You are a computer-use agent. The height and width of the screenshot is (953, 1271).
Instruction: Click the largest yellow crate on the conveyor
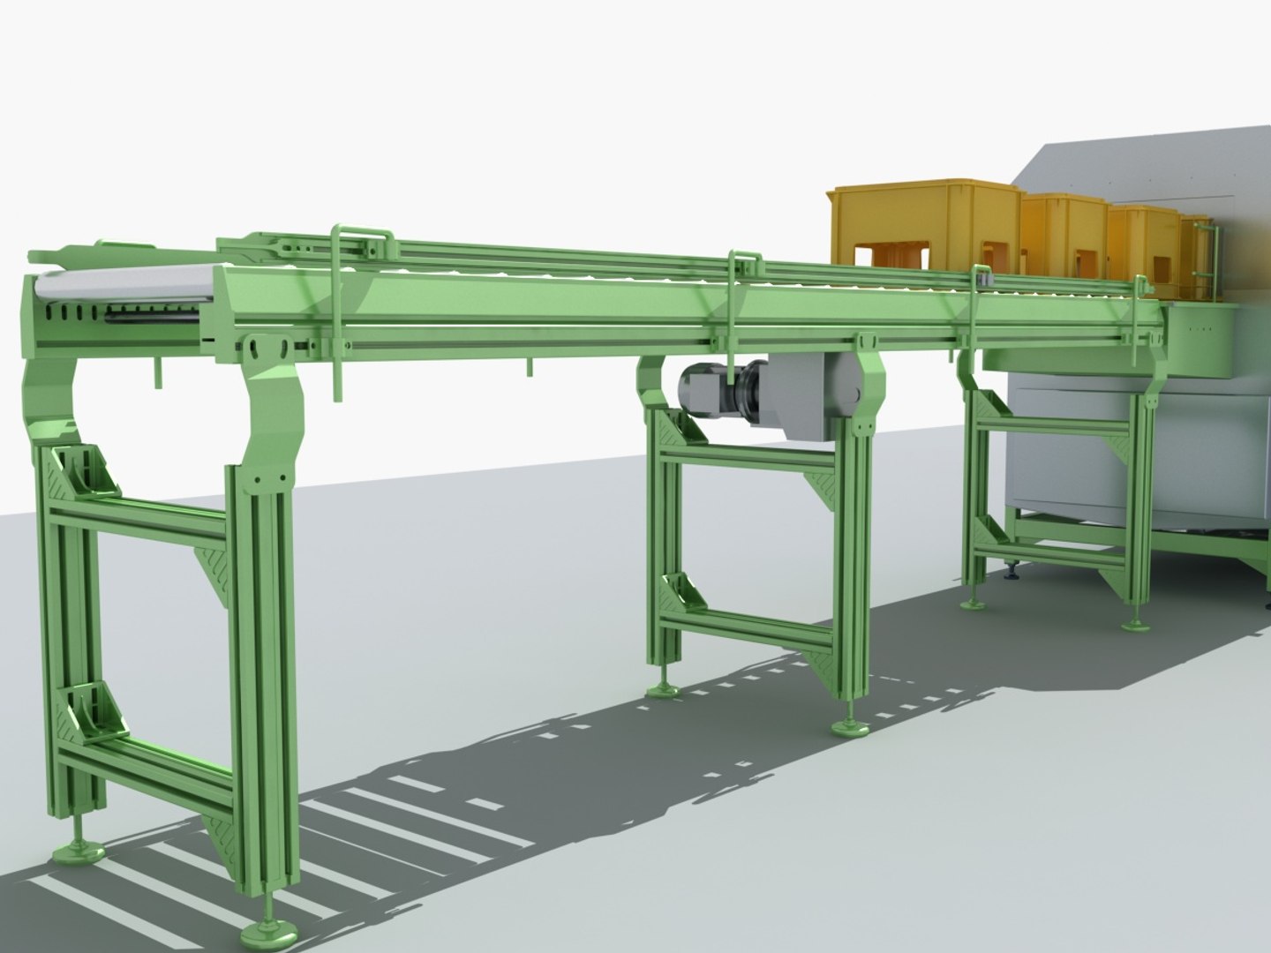[922, 225]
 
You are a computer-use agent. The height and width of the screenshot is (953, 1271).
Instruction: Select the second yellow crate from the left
[1064, 232]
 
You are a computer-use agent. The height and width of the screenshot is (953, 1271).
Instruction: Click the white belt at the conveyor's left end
[124, 282]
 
